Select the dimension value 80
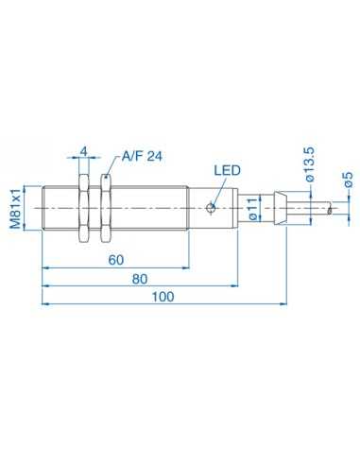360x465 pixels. click(x=140, y=280)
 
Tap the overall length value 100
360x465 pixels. click(x=163, y=298)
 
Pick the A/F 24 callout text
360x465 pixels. click(x=141, y=157)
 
